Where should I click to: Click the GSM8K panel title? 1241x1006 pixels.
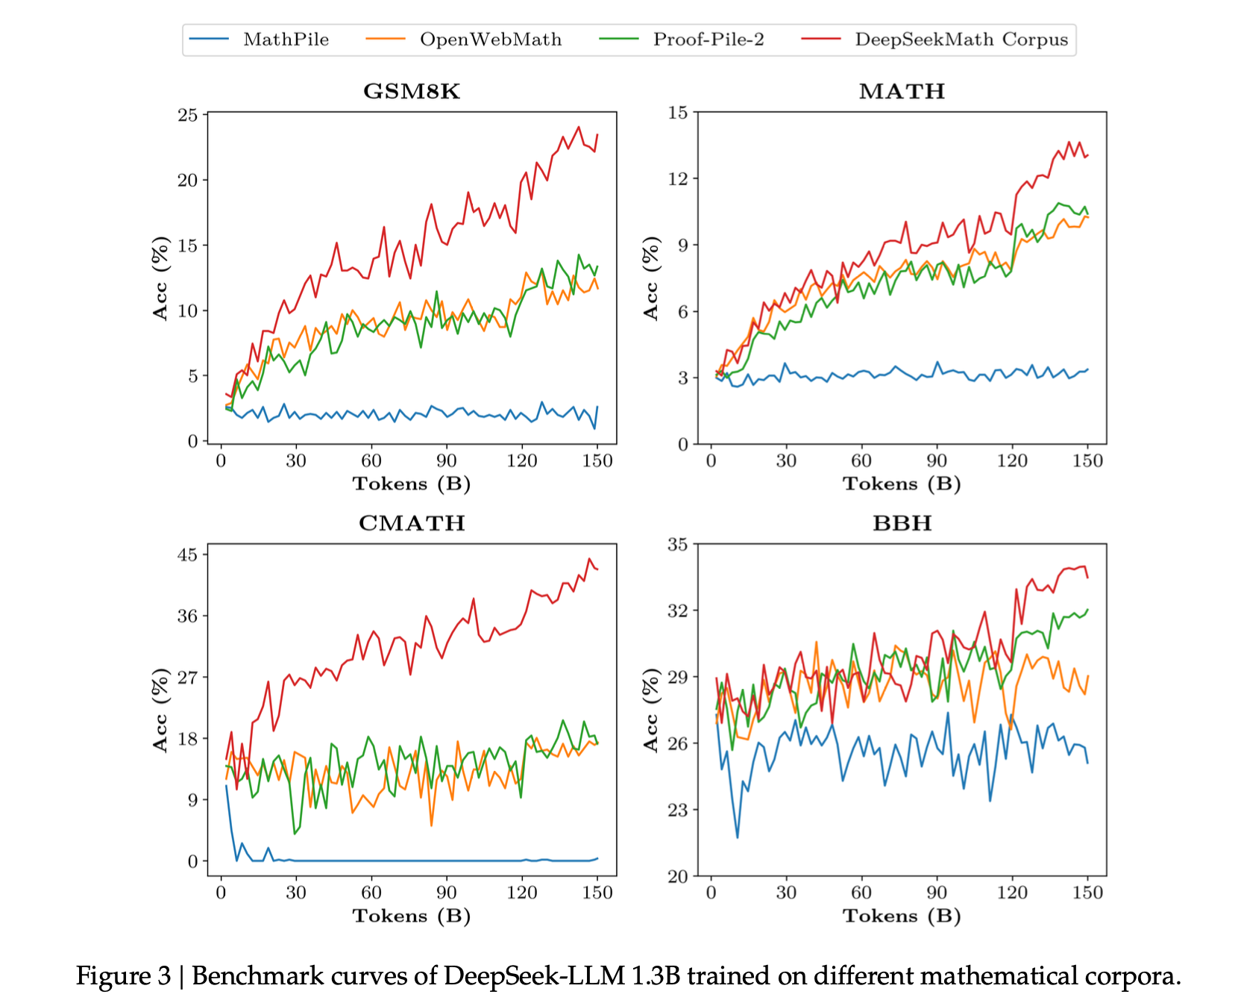412,91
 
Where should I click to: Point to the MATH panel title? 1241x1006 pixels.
902,91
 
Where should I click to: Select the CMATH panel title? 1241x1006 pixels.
412,523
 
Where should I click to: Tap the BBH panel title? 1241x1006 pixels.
902,523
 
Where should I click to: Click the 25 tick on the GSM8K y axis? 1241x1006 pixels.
188,115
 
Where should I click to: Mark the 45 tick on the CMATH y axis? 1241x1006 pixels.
188,554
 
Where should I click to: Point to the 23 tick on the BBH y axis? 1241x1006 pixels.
678,810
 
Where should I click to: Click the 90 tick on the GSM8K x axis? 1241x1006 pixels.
446,460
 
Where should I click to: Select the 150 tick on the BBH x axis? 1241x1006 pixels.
1087,893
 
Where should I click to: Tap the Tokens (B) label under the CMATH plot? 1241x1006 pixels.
412,916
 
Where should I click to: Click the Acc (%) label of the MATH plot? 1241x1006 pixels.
651,278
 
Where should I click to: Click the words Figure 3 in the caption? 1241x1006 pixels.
124,976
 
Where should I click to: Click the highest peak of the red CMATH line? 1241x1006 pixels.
589,558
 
